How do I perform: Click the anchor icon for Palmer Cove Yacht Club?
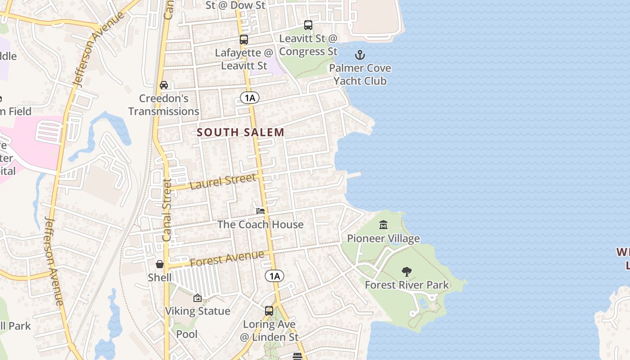click(x=360, y=55)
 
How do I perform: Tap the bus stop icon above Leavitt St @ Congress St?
click(x=308, y=25)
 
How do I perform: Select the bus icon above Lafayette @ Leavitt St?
click(x=244, y=40)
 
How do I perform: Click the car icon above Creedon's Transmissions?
click(x=164, y=85)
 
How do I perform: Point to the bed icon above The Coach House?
click(x=261, y=211)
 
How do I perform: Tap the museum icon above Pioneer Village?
click(x=383, y=225)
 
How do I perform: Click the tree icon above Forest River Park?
click(x=407, y=271)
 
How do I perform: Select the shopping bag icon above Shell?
click(x=160, y=264)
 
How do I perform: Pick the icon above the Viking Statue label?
click(x=197, y=298)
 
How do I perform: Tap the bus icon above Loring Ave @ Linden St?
click(x=269, y=310)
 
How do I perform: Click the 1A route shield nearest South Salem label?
click(x=250, y=98)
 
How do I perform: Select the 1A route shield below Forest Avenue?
click(x=274, y=276)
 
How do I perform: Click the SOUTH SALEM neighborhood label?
click(x=241, y=132)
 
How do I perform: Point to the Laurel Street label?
click(x=223, y=181)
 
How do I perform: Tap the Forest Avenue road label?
click(x=227, y=259)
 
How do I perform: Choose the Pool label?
click(x=187, y=334)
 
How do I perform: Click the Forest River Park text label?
click(x=407, y=285)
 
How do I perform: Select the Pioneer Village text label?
click(x=383, y=238)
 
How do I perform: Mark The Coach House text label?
click(x=261, y=225)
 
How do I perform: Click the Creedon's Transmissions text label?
click(x=164, y=105)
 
